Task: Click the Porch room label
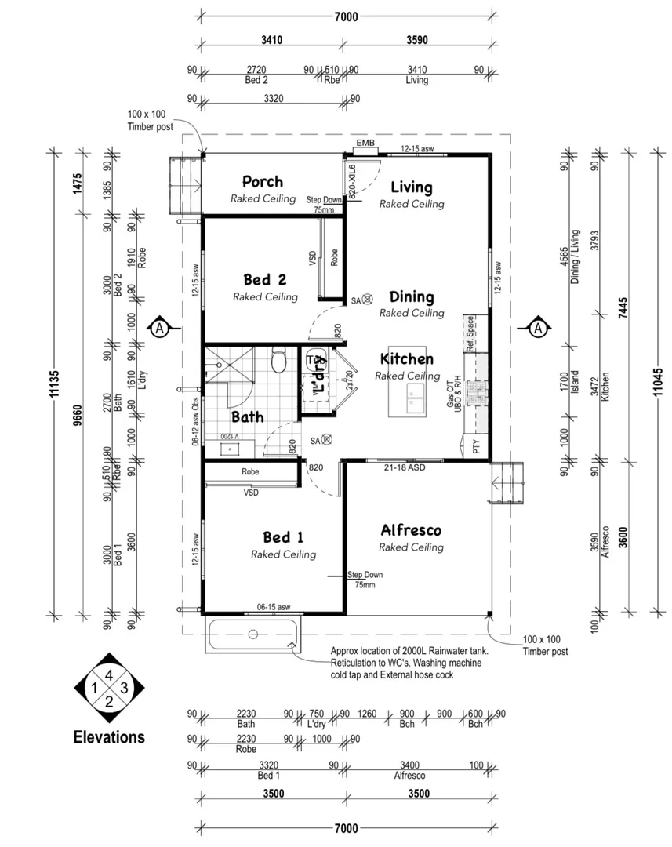click(x=262, y=182)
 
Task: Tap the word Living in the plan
click(x=412, y=187)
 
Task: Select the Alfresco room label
click(x=411, y=530)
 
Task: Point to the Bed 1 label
click(x=283, y=537)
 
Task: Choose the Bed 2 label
click(x=264, y=280)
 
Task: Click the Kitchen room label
click(x=406, y=359)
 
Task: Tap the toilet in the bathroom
click(x=278, y=362)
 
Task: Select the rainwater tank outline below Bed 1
click(x=252, y=634)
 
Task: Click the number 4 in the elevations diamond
click(x=109, y=674)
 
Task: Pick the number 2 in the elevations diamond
click(x=109, y=701)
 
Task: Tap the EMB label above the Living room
click(x=365, y=144)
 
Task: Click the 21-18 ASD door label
click(x=405, y=468)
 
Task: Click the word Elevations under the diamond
click(x=109, y=737)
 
